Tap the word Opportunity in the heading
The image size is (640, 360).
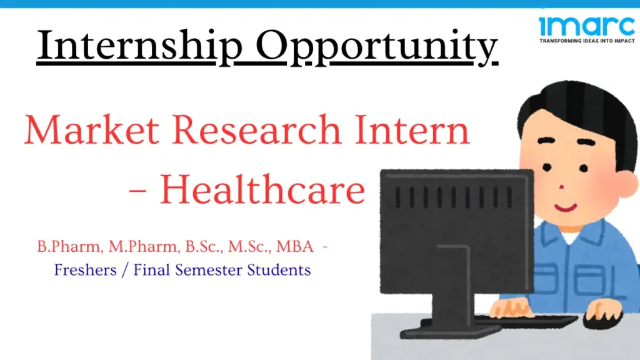point(377,45)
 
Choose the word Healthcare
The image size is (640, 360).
point(262,190)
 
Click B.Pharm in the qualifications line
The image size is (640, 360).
point(69,247)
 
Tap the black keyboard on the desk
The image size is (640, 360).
point(525,320)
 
